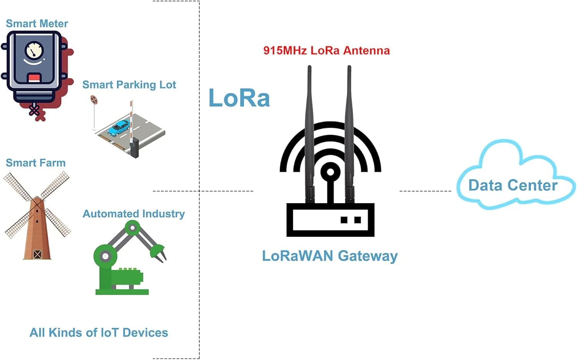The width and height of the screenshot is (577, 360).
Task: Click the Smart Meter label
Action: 37,24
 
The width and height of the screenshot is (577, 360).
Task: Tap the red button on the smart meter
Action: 34,78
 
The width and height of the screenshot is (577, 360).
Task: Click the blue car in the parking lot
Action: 118,128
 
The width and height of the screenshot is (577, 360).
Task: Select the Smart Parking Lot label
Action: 129,85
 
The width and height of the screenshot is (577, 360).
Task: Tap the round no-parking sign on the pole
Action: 94,100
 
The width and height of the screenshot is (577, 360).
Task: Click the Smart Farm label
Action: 36,163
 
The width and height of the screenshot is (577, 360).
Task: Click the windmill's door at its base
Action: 37,254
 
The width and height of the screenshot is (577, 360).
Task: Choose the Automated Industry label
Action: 134,214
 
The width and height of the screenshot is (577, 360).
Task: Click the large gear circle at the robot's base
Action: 105,256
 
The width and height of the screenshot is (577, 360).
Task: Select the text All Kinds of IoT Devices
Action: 99,333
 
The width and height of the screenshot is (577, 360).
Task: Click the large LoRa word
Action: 239,98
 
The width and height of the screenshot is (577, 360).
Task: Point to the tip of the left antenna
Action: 309,68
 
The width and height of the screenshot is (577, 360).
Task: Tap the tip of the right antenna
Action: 349,68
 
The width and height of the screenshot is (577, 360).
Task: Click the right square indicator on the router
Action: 358,220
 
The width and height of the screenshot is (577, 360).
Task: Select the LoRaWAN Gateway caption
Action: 330,256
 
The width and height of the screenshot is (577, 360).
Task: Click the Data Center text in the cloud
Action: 513,185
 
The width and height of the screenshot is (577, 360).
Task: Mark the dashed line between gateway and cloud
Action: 425,191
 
